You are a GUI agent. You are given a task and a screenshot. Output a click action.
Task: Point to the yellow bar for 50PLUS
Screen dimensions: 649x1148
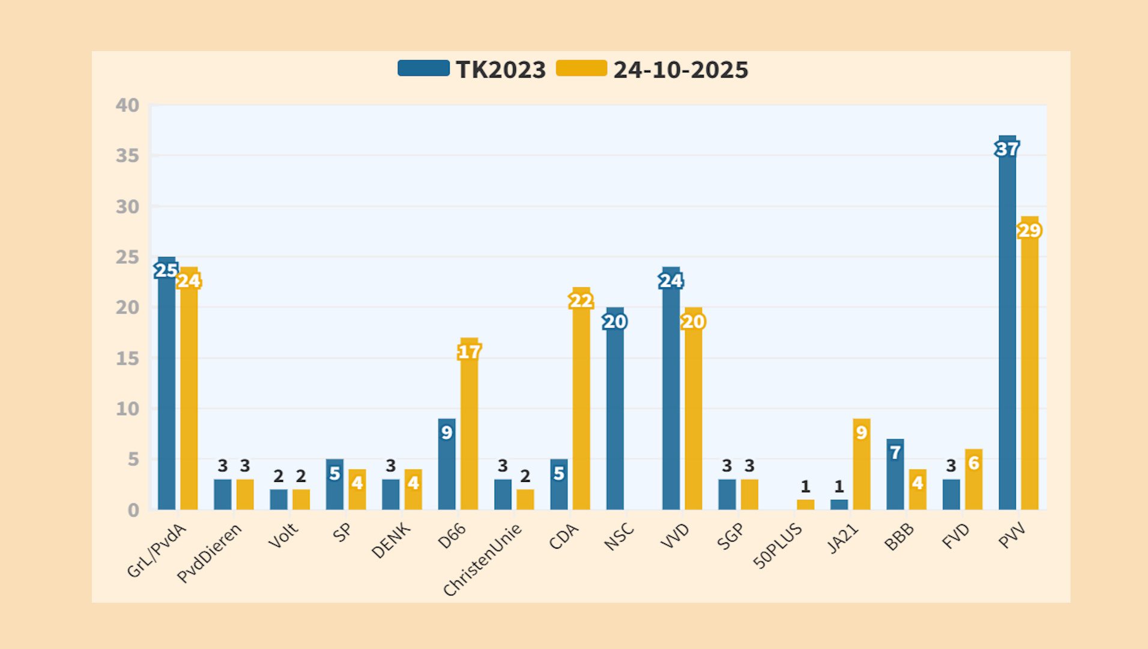(805, 505)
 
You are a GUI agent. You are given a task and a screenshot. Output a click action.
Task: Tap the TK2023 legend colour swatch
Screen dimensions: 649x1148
(423, 69)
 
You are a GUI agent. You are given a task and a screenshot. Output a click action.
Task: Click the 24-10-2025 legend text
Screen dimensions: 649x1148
(680, 70)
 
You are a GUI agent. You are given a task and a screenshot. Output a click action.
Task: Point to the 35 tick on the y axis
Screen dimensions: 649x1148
(127, 156)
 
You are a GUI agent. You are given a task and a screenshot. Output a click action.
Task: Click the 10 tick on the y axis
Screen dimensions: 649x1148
(127, 409)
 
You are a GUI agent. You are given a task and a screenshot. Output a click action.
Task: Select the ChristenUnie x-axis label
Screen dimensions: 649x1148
(483, 559)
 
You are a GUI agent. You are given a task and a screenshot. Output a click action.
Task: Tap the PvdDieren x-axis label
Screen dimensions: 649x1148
(210, 553)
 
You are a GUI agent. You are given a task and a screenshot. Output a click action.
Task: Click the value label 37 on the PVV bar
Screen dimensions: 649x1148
(1007, 148)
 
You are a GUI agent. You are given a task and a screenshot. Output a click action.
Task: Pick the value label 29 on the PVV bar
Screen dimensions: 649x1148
(1029, 230)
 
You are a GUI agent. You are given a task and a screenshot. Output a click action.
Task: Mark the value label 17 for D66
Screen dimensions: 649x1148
(469, 352)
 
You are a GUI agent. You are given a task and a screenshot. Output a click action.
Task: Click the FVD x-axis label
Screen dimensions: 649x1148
(955, 536)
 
